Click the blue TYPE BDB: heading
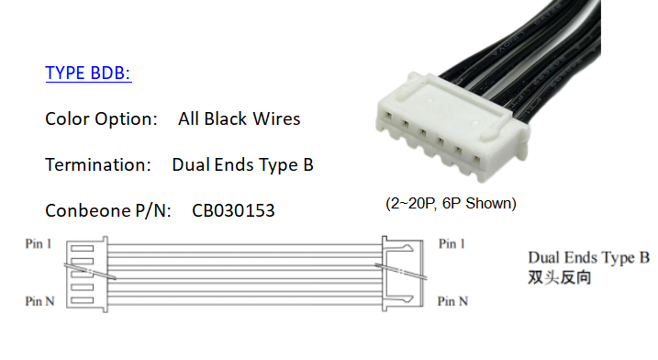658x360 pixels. (88, 73)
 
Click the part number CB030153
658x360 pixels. (233, 211)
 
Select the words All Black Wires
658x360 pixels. (240, 118)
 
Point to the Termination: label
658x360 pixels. (97, 165)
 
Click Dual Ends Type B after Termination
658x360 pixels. (242, 165)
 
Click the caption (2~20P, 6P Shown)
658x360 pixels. (450, 203)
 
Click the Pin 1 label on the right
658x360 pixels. (452, 244)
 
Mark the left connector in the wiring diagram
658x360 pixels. (89, 273)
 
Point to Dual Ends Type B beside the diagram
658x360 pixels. (588, 257)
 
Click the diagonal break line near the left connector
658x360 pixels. (91, 271)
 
